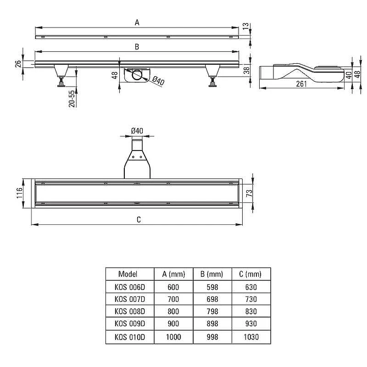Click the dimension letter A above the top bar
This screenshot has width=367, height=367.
click(137, 22)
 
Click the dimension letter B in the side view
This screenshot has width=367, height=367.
click(137, 47)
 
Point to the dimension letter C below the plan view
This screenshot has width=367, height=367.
click(139, 220)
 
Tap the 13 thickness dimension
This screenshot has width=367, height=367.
click(245, 26)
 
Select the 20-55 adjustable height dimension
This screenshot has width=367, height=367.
click(72, 99)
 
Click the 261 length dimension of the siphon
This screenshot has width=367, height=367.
click(301, 84)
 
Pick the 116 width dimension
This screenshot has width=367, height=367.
click(19, 193)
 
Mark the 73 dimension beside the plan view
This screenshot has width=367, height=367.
click(249, 193)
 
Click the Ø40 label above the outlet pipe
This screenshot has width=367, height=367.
click(137, 131)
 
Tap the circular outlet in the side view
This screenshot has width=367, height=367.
click(137, 75)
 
